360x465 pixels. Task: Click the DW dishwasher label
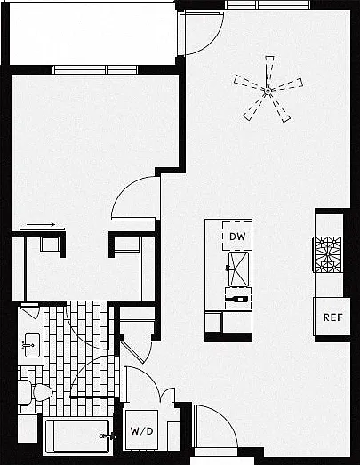tap(237, 237)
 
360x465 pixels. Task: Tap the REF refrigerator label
tap(333, 317)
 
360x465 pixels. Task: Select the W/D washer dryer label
tap(141, 431)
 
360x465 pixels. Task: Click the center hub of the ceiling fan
tap(268, 91)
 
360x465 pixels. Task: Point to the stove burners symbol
tap(328, 254)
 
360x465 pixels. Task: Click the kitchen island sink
tap(238, 269)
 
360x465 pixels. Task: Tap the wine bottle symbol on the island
tap(238, 299)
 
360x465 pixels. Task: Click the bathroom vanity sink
tap(31, 345)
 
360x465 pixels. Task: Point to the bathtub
tap(78, 436)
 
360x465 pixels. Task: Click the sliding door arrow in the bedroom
tap(41, 224)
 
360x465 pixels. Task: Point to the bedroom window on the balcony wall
tap(95, 69)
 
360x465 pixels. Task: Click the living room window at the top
tap(268, 4)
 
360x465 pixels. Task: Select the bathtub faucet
tap(107, 437)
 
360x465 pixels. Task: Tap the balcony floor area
tap(93, 33)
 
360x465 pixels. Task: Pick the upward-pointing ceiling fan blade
tap(269, 71)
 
